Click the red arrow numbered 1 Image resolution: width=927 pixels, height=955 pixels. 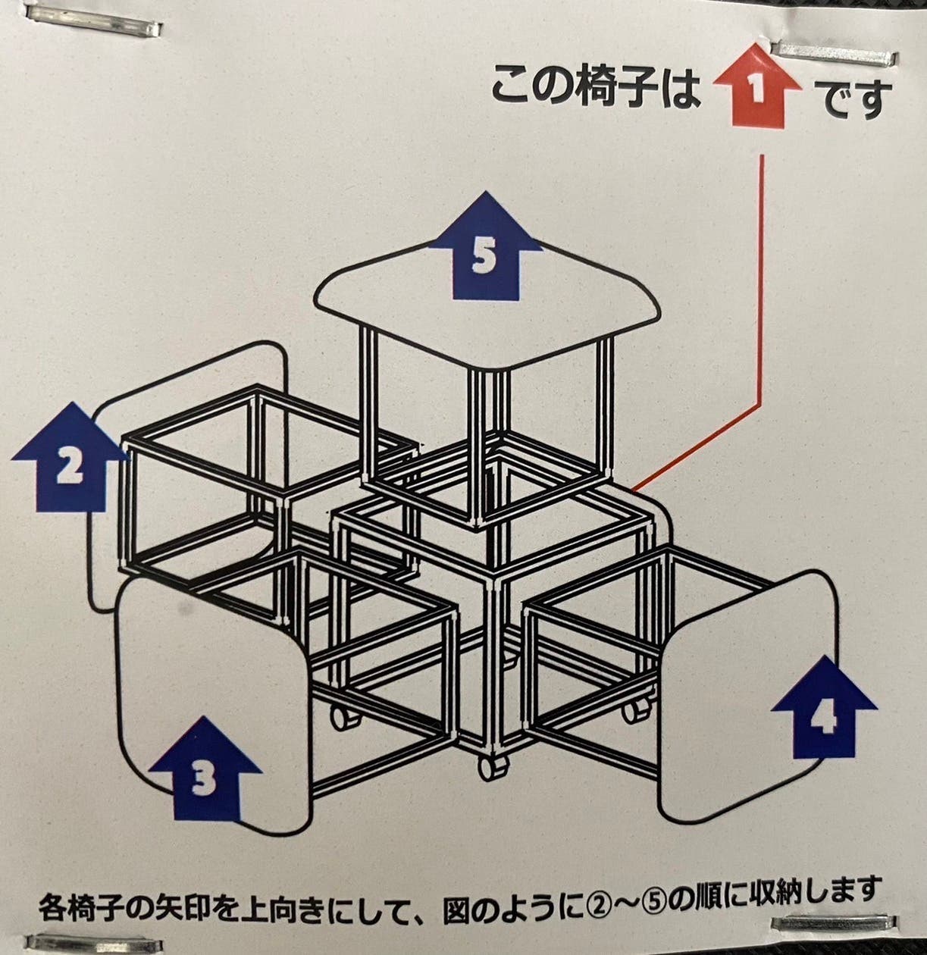click(x=757, y=87)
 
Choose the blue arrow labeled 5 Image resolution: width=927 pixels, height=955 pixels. click(x=486, y=248)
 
